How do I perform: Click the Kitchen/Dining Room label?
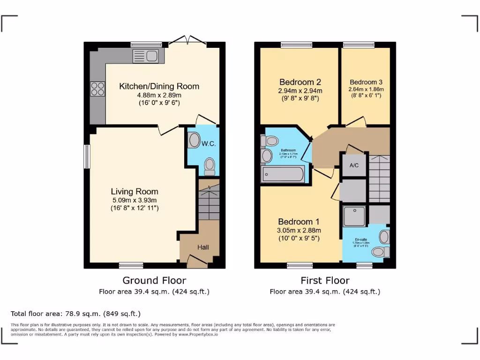pyautogui.click(x=159, y=86)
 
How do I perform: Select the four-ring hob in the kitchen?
pyautogui.click(x=97, y=89)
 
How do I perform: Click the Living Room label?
pyautogui.click(x=135, y=191)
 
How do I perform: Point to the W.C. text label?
pyautogui.click(x=209, y=143)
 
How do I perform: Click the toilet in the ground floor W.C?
pyautogui.click(x=210, y=165)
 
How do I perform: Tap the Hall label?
pyautogui.click(x=202, y=247)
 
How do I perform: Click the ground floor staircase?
pyautogui.click(x=208, y=202)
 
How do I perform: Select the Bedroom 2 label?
pyautogui.click(x=300, y=82)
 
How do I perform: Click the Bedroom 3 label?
pyautogui.click(x=366, y=82)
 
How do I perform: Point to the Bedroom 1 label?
pyautogui.click(x=299, y=221)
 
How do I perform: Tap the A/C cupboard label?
pyautogui.click(x=354, y=165)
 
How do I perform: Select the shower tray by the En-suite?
pyautogui.click(x=355, y=215)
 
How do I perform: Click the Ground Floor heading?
pyautogui.click(x=154, y=280)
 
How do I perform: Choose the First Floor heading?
pyautogui.click(x=325, y=280)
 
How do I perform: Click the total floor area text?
pyautogui.click(x=75, y=314)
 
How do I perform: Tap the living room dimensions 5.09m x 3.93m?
pyautogui.click(x=135, y=200)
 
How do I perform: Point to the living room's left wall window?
pyautogui.click(x=86, y=156)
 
